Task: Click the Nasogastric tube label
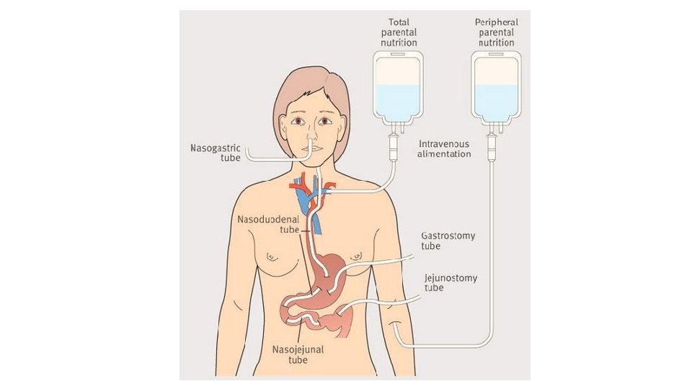tap(215, 153)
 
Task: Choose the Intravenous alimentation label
tap(445, 148)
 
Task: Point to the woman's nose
tap(308, 134)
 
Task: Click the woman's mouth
tap(309, 149)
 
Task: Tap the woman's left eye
tap(326, 121)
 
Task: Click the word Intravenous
tap(445, 143)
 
